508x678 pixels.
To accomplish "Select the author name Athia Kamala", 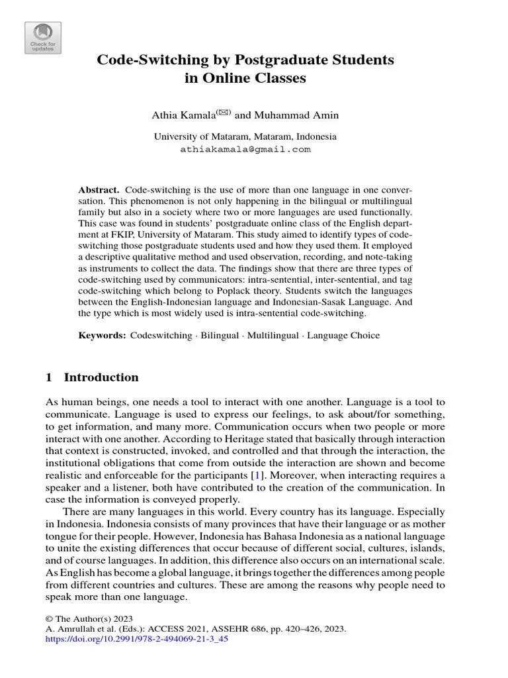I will point(181,116).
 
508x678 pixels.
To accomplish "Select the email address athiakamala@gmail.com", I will point(245,150).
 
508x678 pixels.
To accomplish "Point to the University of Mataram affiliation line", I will point(245,137).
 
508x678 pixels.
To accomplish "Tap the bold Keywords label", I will point(102,336).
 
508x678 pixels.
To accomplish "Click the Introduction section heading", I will point(101,378).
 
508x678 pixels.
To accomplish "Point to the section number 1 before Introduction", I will point(48,378).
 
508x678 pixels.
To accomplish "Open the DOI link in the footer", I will point(136,640).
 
